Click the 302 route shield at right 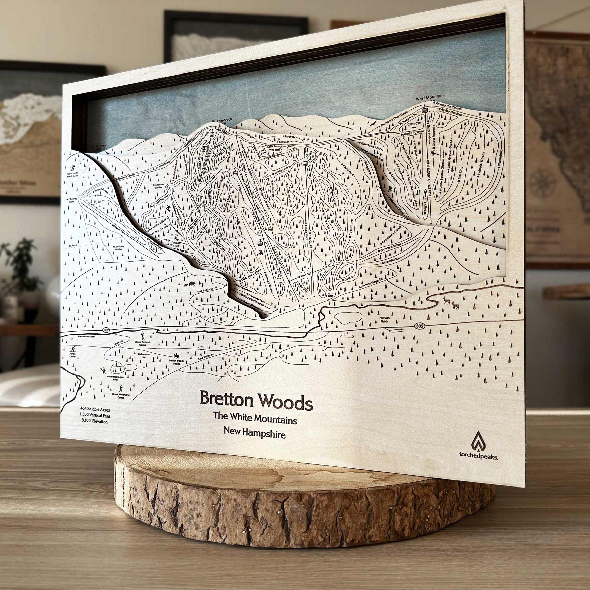(x=419, y=326)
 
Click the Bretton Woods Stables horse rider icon (x=176, y=355)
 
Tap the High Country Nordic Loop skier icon (x=72, y=168)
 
